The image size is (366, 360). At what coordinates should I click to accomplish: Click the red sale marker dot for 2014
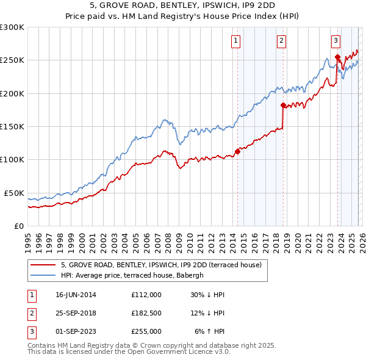(237, 152)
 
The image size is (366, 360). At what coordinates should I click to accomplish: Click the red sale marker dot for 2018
(283, 105)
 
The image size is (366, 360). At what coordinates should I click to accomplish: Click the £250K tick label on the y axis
(12, 60)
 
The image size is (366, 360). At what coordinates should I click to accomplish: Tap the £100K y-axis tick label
(12, 159)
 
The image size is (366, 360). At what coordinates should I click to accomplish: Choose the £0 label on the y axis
(20, 226)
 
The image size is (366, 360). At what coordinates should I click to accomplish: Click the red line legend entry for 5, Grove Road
(161, 265)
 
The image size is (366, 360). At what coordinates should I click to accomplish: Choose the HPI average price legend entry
(135, 276)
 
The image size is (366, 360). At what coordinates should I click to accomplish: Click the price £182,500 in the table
(146, 313)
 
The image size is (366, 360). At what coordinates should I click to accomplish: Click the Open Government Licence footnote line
(129, 352)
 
